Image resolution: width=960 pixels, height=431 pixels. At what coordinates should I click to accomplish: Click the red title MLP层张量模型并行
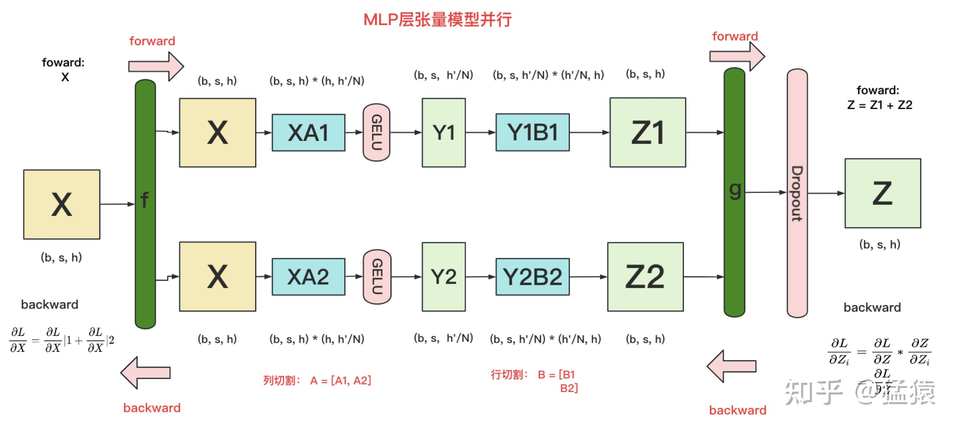(x=437, y=19)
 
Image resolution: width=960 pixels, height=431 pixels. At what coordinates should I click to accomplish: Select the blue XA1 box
(x=308, y=133)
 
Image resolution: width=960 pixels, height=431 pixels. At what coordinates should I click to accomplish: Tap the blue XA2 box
(x=308, y=277)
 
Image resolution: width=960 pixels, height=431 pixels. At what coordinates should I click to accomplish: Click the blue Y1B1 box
(x=532, y=132)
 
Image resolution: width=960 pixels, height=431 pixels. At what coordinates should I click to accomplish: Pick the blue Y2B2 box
(x=532, y=277)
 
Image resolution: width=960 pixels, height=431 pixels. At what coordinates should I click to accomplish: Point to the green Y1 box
(x=444, y=133)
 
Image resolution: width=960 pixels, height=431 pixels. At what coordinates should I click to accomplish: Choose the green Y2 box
(x=444, y=277)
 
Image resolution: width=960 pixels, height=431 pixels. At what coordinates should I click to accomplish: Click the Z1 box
(x=647, y=133)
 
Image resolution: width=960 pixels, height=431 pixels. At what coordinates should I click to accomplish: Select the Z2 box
(x=645, y=277)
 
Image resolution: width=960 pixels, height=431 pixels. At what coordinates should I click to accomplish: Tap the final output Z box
(x=882, y=193)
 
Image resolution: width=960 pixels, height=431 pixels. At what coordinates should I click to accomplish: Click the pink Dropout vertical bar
(x=797, y=193)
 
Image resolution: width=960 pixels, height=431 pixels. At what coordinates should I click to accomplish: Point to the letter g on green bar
(x=734, y=190)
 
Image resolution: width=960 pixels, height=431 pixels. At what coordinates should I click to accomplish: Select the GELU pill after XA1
(x=376, y=132)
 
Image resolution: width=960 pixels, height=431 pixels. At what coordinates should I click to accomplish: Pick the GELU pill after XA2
(x=377, y=277)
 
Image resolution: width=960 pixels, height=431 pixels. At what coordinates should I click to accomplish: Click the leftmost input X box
(x=61, y=204)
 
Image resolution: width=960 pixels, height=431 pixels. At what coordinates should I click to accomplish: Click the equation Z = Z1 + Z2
(x=879, y=105)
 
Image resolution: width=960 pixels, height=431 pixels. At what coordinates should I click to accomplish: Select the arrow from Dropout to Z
(x=825, y=193)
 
